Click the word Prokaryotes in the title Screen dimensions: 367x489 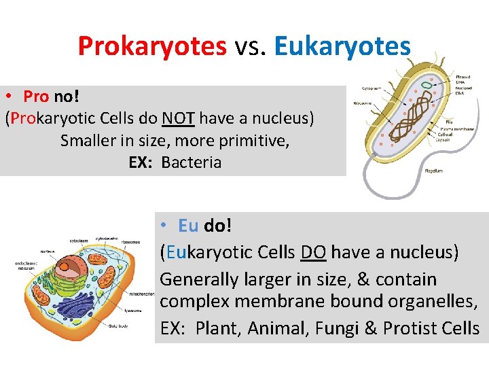click(x=152, y=47)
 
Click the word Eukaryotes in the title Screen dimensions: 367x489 click(x=343, y=47)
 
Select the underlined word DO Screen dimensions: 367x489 click(x=313, y=253)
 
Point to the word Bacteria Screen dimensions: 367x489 click(x=192, y=162)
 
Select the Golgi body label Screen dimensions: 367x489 click(x=119, y=326)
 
